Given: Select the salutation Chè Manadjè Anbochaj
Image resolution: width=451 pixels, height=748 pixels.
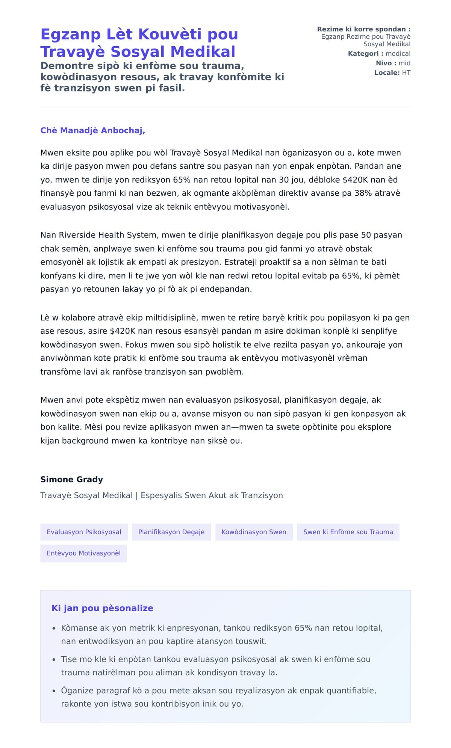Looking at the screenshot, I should pyautogui.click(x=92, y=130).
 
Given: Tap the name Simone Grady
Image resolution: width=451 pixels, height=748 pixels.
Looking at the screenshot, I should pyautogui.click(x=71, y=479).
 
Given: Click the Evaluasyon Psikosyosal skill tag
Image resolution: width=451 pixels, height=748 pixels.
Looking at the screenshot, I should pyautogui.click(x=84, y=532).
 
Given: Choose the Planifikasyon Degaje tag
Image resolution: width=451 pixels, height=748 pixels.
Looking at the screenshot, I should pyautogui.click(x=171, y=532).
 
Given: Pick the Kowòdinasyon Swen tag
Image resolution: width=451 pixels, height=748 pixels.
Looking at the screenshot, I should pyautogui.click(x=254, y=532).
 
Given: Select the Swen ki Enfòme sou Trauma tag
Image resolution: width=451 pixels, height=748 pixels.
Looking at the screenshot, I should pyautogui.click(x=348, y=532).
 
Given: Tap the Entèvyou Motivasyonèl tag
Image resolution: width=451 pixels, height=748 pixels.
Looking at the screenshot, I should pyautogui.click(x=83, y=553).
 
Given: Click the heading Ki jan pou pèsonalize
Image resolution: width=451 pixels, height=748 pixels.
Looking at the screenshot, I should pyautogui.click(x=102, y=608).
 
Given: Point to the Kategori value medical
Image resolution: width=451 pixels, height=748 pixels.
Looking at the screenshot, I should pyautogui.click(x=398, y=54).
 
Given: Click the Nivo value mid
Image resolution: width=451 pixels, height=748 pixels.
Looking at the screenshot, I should pyautogui.click(x=404, y=63).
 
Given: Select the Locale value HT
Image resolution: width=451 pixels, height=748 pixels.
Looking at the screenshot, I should pyautogui.click(x=406, y=73).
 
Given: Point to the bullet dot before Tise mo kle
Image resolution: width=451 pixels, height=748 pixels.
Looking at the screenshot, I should pyautogui.click(x=54, y=660).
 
